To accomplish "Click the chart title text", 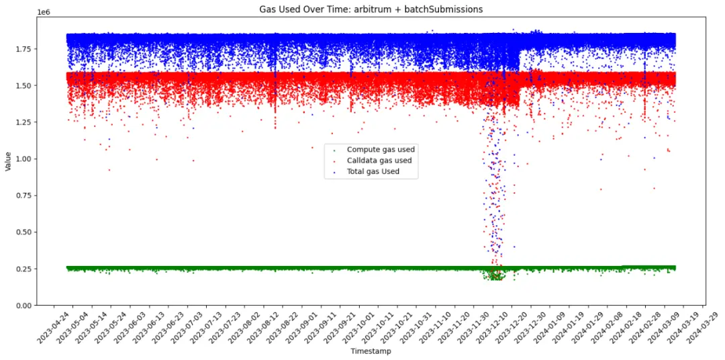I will [x=371, y=9].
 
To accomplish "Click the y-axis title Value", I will [x=7, y=161].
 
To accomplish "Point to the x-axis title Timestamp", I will [x=371, y=351].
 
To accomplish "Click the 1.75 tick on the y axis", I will [x=22, y=50].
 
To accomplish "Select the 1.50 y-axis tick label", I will [x=22, y=86].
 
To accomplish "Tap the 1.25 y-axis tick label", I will [x=22, y=122].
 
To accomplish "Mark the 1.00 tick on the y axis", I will [x=22, y=159].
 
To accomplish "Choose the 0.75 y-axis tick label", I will [x=22, y=195].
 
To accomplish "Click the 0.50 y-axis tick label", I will [x=22, y=232].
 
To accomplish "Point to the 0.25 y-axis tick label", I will [x=22, y=269].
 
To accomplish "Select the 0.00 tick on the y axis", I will [x=22, y=306].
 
